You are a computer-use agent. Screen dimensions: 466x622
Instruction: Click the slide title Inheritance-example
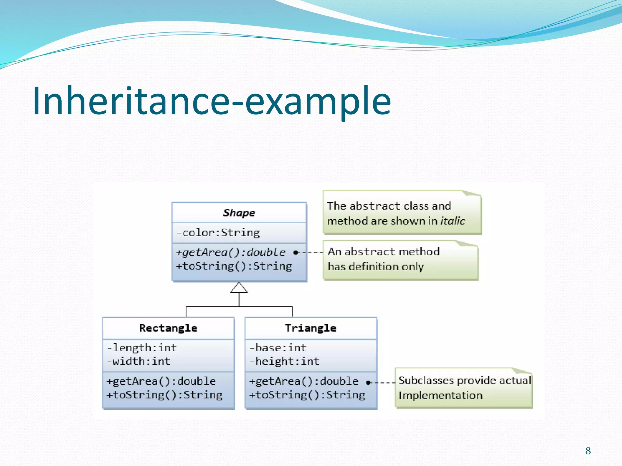coord(212,101)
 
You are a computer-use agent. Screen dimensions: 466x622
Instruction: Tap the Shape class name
coord(239,213)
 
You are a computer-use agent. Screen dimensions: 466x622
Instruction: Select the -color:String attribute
coord(218,233)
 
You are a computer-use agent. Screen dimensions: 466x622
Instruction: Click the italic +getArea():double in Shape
coord(231,252)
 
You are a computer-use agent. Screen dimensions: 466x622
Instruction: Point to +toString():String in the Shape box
coord(234,266)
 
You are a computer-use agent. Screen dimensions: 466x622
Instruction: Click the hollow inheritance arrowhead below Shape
coord(239,288)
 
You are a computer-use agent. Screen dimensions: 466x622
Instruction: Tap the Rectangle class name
coord(168,328)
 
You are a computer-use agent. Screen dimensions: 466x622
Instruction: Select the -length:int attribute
coord(142,348)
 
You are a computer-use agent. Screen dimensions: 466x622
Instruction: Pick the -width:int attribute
coord(138,361)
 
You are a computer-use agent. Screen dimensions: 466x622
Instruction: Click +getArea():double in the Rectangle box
coord(161,381)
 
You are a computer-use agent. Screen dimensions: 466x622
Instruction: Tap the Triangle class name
coord(311,328)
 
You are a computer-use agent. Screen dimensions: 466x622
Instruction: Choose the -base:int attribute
coord(278,348)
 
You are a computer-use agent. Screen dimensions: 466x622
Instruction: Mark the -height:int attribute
coord(285,361)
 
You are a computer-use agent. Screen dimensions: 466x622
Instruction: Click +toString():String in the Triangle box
coord(307,395)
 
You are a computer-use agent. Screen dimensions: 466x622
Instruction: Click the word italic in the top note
coord(453,221)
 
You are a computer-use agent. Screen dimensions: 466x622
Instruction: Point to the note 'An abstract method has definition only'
coord(400,259)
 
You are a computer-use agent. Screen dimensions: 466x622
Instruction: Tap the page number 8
coord(588,451)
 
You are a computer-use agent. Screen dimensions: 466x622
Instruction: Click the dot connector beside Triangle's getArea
coord(368,383)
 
